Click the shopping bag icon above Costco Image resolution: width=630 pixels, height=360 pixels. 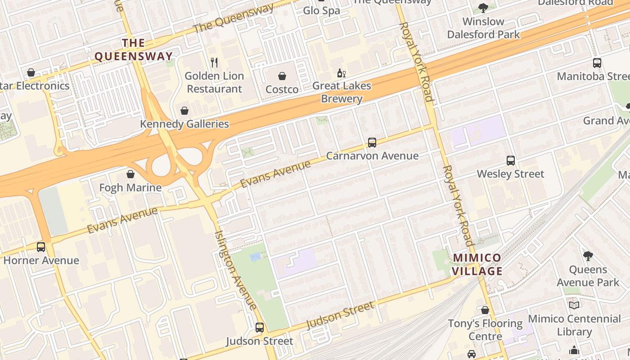coord(282,76)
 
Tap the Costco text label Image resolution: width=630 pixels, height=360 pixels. coord(282,90)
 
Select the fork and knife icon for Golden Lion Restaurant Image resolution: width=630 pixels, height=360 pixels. coord(215,63)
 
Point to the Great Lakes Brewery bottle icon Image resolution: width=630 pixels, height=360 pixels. coord(342,73)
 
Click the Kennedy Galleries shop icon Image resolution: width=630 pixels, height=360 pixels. coord(184,111)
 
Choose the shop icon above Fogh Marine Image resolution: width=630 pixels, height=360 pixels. coord(130,174)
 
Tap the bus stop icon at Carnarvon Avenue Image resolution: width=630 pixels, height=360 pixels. coord(372,143)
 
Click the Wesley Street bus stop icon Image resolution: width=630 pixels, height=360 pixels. coord(511,161)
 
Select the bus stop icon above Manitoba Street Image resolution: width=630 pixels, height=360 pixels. coord(597,63)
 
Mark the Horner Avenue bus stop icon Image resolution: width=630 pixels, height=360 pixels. coord(41,247)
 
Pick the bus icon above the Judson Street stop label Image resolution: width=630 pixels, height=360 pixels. coord(260,328)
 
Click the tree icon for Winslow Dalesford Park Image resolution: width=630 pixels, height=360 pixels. coord(483,8)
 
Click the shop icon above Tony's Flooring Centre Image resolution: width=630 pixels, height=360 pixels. coord(485,310)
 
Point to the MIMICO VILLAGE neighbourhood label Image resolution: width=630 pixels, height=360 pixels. coord(477,265)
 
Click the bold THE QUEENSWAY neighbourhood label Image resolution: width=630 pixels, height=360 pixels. coord(134,49)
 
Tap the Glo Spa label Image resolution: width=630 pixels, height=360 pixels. coord(322,10)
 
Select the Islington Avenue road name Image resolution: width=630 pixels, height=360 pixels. coord(236,270)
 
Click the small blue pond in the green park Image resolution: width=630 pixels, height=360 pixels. coord(255,257)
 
